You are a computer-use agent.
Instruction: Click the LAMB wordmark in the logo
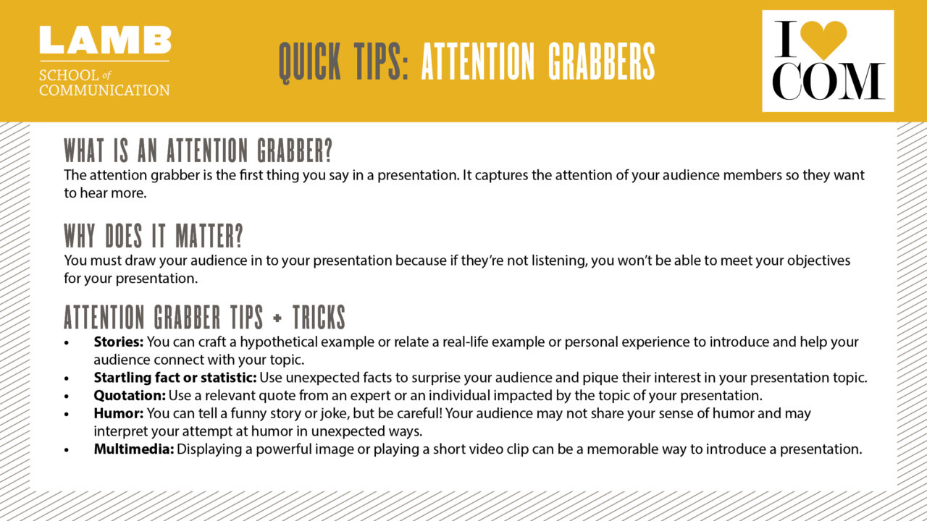(x=105, y=41)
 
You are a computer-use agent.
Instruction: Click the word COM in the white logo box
(x=827, y=82)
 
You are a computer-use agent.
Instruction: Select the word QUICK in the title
(x=312, y=62)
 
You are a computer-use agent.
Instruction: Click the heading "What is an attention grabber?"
(x=198, y=151)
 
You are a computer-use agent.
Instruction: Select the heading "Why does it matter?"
(x=154, y=236)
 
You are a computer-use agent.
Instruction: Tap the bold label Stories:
(x=119, y=342)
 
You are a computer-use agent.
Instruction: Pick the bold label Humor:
(x=119, y=413)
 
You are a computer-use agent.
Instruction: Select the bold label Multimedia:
(x=134, y=449)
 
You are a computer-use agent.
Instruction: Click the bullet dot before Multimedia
(x=67, y=449)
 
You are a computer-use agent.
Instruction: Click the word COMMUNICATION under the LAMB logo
(x=104, y=90)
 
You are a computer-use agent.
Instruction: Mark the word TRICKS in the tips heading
(x=319, y=318)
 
